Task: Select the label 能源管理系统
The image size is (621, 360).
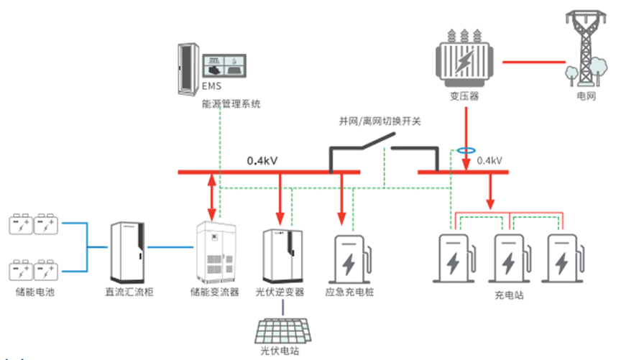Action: tap(231, 104)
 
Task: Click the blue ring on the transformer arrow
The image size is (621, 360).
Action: tap(466, 152)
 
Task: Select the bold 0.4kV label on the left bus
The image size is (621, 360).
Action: tap(262, 161)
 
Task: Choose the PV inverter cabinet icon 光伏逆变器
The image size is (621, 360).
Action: tap(280, 255)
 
